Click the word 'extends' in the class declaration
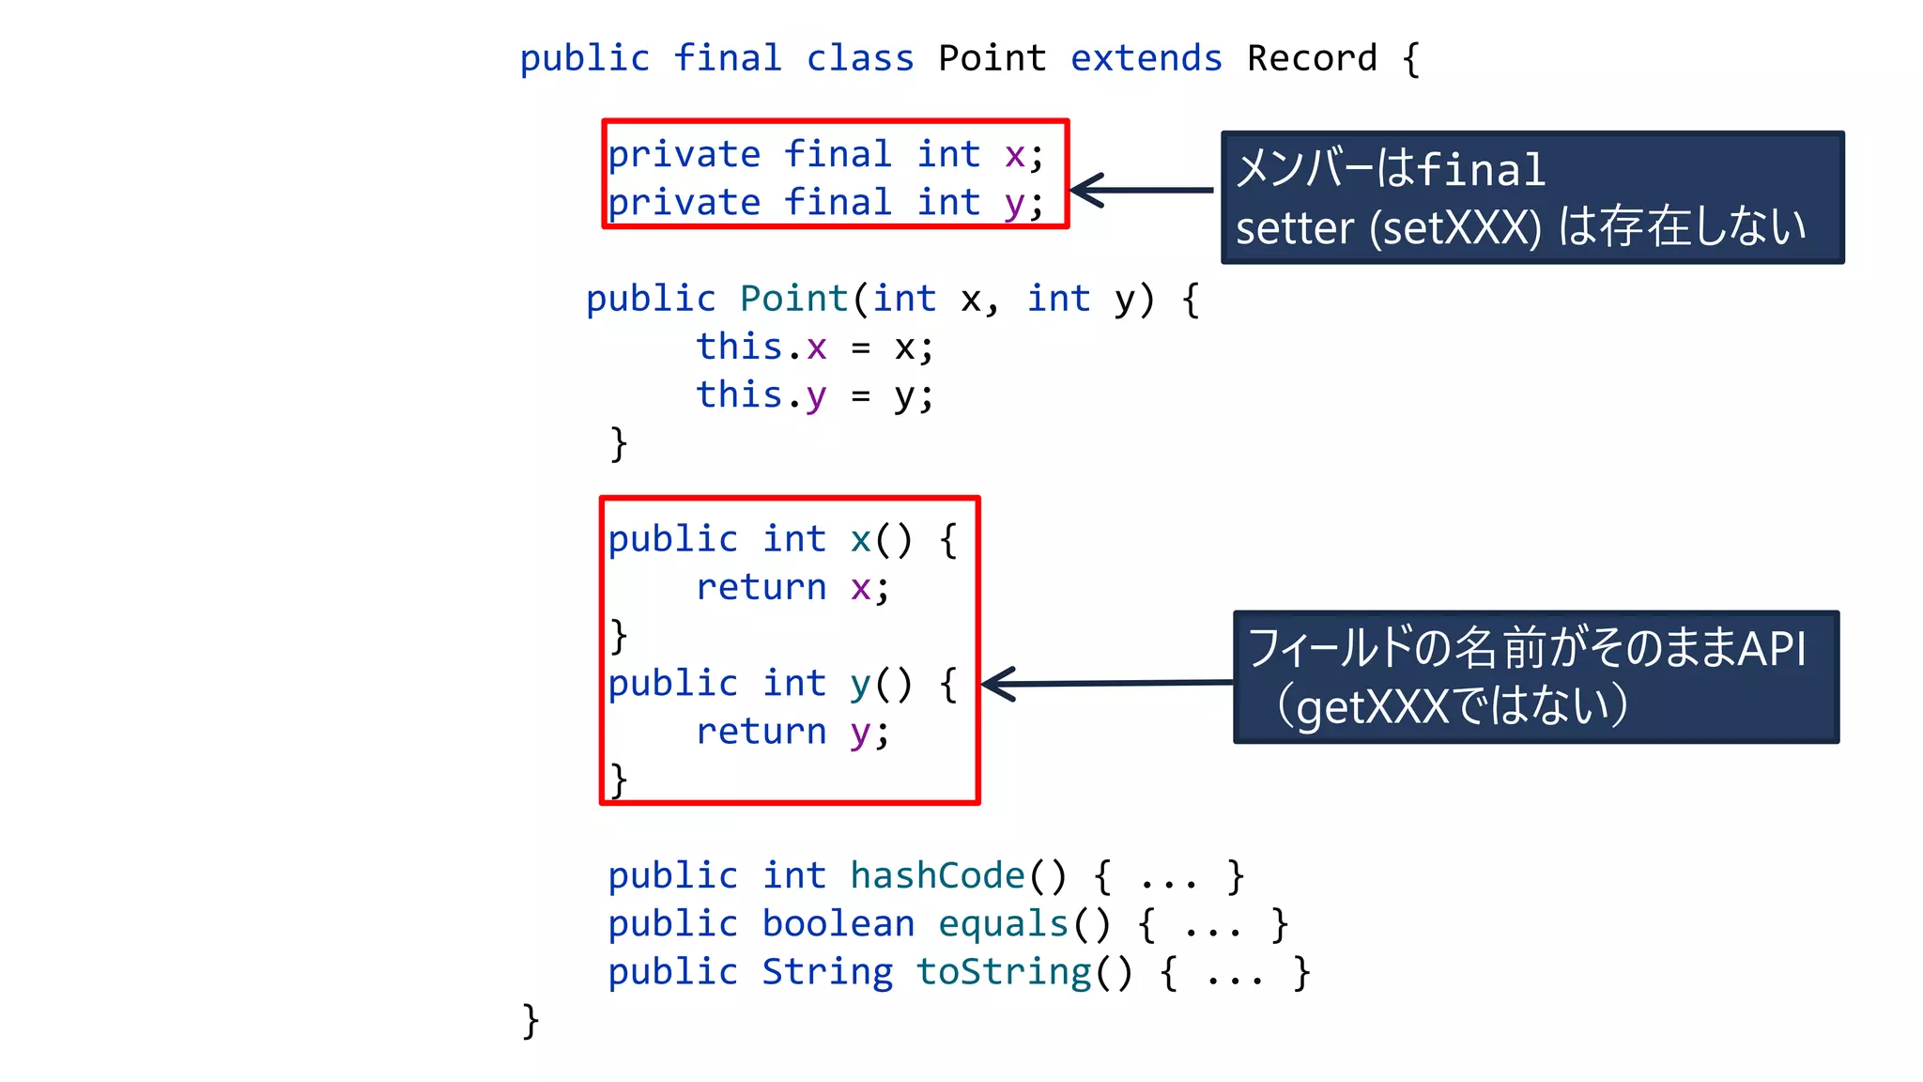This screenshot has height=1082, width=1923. point(1146,59)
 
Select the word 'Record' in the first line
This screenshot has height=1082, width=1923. point(1311,59)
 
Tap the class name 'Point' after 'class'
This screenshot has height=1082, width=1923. point(992,59)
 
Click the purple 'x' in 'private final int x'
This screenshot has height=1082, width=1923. point(1014,155)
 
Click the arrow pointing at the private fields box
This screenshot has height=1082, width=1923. point(1140,190)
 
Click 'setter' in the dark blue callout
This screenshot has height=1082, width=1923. point(1295,228)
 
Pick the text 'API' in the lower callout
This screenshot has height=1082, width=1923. point(1772,648)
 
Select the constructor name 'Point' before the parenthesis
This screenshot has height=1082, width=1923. point(793,299)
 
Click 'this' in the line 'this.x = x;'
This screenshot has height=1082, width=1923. point(739,347)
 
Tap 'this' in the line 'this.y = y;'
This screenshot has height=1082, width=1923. point(739,394)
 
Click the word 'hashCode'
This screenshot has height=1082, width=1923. point(937,875)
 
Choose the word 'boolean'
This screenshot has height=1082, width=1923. point(838,924)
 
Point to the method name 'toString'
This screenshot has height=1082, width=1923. point(1004,972)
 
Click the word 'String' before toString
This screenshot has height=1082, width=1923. point(826,972)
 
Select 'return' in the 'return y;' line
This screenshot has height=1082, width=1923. point(761,731)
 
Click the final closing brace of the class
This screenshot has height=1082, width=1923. point(531,1021)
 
